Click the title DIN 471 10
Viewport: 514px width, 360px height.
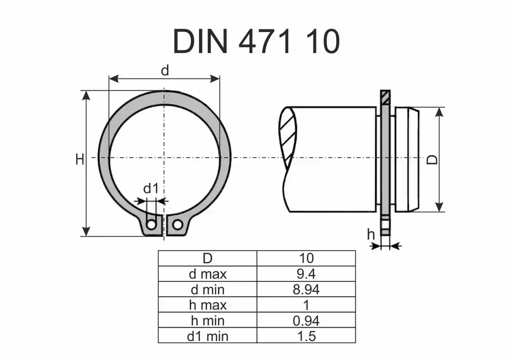click(256, 41)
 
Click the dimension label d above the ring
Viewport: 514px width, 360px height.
click(164, 71)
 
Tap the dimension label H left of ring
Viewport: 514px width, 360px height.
click(79, 160)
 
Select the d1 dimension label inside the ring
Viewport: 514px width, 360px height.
click(151, 189)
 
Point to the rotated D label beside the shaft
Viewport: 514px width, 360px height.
click(433, 160)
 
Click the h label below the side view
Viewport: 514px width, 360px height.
click(371, 235)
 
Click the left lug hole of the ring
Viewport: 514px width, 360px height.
click(151, 224)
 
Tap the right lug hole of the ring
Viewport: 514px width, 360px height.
click(177, 224)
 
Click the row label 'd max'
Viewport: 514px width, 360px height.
click(207, 274)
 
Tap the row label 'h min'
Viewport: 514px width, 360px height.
click(207, 321)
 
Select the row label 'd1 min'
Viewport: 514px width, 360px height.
click(207, 336)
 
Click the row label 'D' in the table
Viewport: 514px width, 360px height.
click(207, 258)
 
